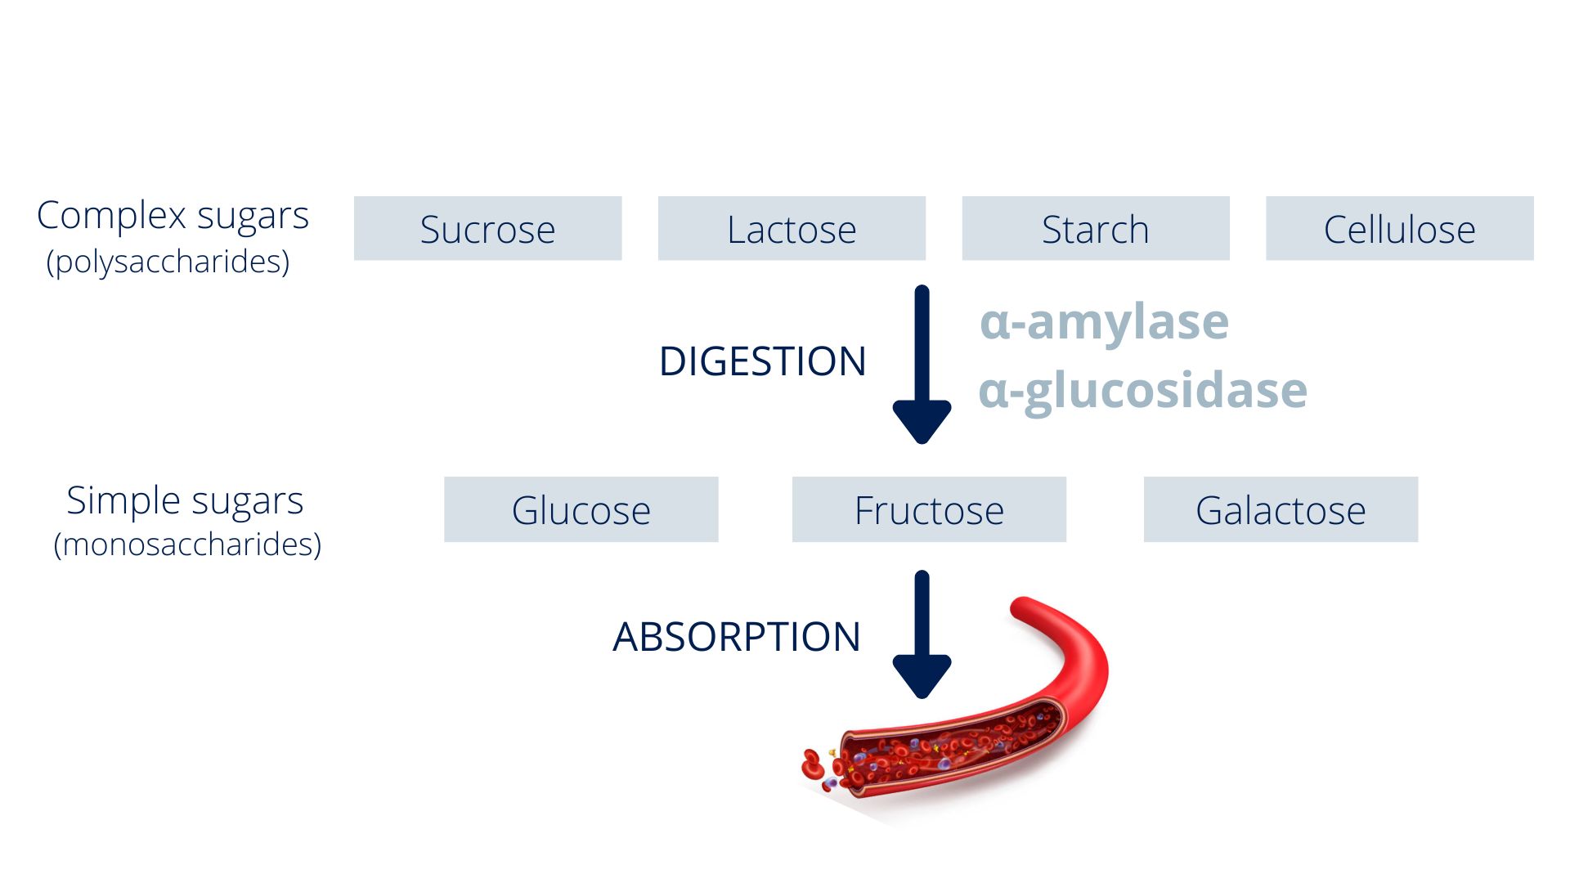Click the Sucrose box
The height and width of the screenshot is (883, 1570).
coord(487,228)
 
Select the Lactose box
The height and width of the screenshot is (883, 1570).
coord(792,228)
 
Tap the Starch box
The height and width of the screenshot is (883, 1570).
coord(1096,228)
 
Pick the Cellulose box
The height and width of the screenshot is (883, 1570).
coord(1400,228)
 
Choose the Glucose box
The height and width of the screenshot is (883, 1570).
coord(581,509)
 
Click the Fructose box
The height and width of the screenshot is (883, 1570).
coord(929,509)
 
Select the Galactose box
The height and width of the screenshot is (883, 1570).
coord(1281,509)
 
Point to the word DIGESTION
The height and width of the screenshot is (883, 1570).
coord(762,361)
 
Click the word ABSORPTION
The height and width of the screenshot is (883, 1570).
coord(737,637)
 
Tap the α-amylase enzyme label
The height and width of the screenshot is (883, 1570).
coord(1104,322)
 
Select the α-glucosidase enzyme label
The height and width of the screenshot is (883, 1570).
coord(1143,391)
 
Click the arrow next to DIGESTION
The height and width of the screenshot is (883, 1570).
coord(922,365)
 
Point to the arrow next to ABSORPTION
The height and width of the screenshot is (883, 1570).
coord(922,634)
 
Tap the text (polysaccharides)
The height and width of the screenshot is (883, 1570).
coord(168,262)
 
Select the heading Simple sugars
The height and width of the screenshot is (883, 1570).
coord(185,501)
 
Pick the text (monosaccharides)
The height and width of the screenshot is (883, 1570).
coord(187,545)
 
